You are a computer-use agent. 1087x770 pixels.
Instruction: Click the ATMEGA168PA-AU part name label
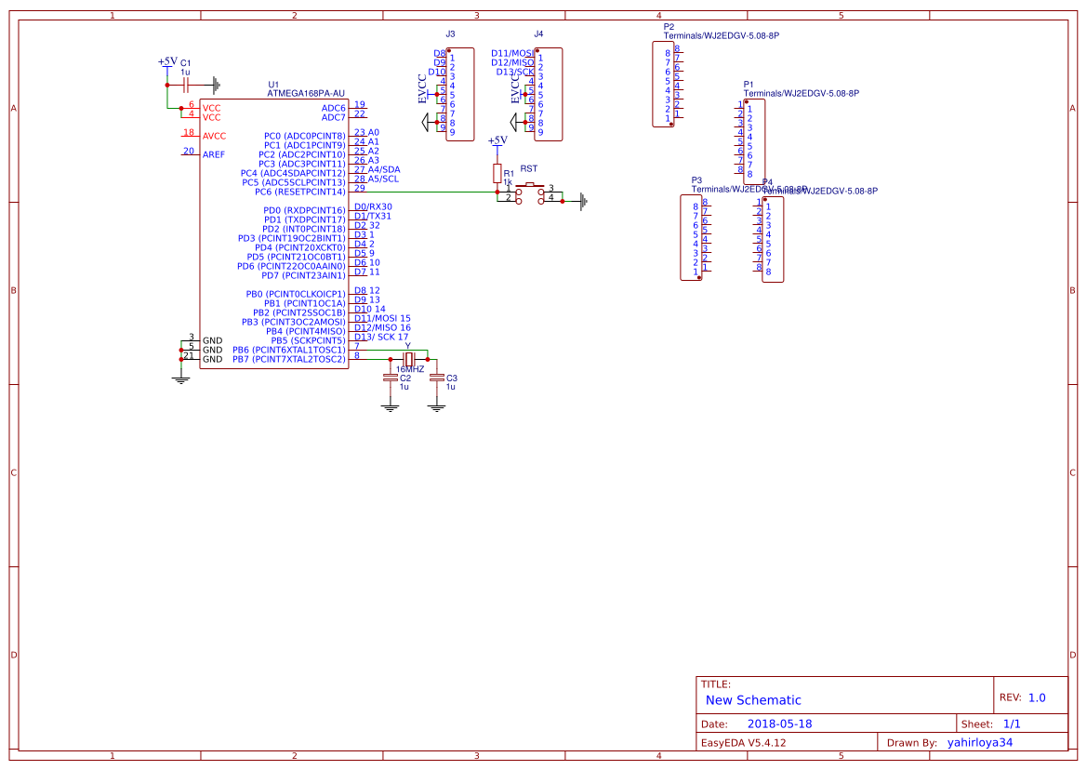coord(306,93)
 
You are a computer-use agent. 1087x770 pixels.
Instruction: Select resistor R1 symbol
coord(497,174)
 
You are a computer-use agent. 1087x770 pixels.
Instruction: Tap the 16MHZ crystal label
coord(408,369)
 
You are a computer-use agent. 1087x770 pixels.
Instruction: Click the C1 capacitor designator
coord(185,61)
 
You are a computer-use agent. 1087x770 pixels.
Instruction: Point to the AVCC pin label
coord(214,136)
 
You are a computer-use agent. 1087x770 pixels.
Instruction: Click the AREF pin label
coord(213,154)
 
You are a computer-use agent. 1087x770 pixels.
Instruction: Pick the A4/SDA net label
coord(384,169)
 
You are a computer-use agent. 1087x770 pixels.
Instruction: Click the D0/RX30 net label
coord(373,206)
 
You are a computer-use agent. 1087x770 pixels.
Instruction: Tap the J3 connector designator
coord(450,33)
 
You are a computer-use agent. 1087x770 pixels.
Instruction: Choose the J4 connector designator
coord(538,33)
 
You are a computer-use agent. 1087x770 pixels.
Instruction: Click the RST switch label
coord(529,168)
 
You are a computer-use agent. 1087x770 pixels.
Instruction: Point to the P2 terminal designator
coord(669,27)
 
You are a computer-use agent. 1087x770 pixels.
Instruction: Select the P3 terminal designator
coord(696,179)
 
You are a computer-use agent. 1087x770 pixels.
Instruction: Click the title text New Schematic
coord(753,700)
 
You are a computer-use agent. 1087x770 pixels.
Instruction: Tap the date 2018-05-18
coord(780,724)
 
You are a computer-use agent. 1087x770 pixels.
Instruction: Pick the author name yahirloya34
coord(980,742)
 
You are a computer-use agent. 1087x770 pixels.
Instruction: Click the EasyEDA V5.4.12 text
coord(743,742)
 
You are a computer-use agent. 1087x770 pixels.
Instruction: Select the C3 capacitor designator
coord(452,378)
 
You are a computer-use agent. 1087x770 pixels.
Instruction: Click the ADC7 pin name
coord(333,117)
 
